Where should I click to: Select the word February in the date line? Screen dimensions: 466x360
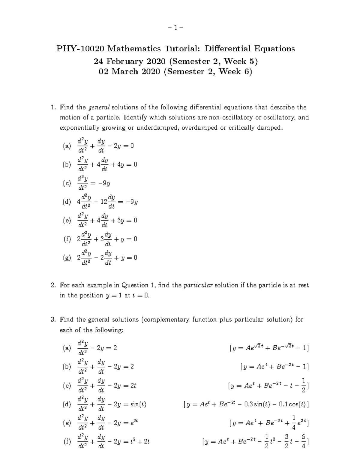coord(125,62)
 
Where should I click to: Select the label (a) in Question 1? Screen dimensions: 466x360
coord(67,146)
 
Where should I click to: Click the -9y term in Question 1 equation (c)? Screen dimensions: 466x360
coord(104,183)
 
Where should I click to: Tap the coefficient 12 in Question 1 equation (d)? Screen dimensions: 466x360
coord(104,202)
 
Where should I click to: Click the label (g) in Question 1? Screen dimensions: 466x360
coord(67,258)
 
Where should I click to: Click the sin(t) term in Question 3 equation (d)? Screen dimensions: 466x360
coord(135,404)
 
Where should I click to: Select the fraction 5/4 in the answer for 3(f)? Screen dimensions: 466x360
coord(304,441)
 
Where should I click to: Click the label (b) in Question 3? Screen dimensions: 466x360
coord(67,367)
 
